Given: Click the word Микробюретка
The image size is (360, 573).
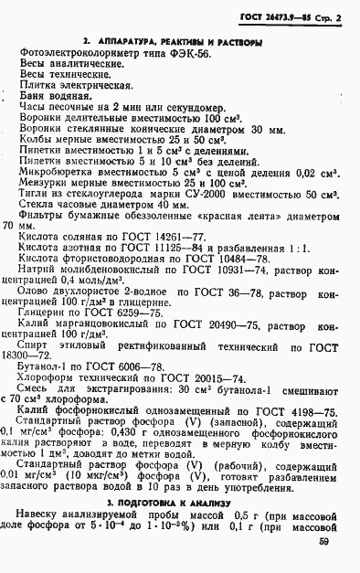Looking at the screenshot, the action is pos(56,170).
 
